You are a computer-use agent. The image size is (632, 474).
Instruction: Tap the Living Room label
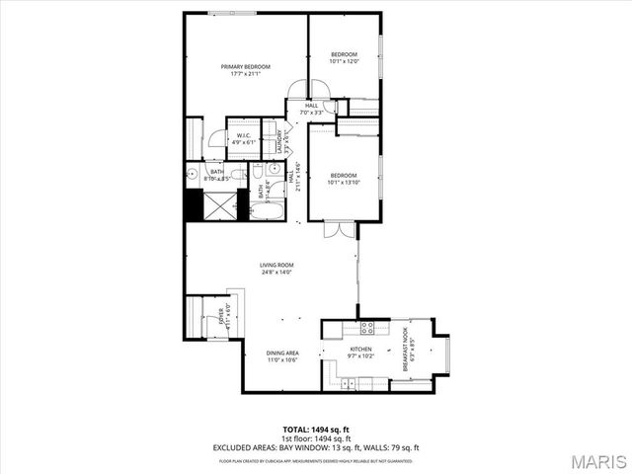277,268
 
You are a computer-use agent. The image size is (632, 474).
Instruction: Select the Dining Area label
281,356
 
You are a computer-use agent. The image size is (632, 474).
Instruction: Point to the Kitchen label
360,353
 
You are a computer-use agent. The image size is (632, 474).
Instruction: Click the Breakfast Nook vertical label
408,355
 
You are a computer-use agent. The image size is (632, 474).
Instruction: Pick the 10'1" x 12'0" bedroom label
344,57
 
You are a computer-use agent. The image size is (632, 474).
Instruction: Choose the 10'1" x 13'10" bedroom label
344,179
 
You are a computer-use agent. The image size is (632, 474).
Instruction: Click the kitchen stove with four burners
366,328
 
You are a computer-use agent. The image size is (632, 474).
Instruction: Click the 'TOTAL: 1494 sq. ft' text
316,430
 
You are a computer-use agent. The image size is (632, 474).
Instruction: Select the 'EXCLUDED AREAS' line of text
316,446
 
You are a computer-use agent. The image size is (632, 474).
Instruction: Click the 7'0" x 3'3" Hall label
312,109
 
